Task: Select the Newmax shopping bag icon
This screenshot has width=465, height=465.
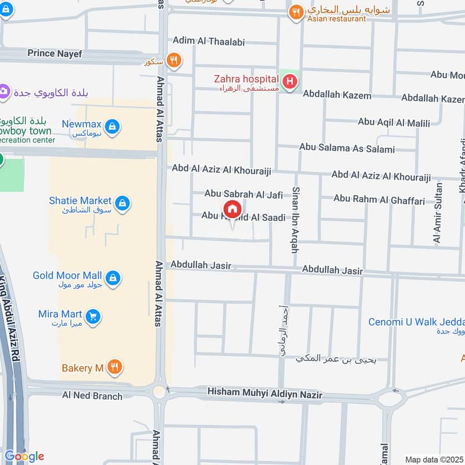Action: coord(113,126)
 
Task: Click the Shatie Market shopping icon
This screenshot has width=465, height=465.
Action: coord(122,203)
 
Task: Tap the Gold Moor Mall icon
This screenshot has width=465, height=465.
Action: coord(114,278)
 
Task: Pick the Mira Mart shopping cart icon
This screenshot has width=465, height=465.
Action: coord(92,317)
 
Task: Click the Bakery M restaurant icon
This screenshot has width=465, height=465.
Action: coord(115,367)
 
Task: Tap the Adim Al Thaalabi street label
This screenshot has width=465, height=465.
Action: coord(208,42)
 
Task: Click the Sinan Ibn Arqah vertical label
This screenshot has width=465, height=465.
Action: coord(295,220)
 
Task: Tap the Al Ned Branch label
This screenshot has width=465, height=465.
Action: coord(92,396)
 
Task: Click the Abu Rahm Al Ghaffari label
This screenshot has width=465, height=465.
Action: coord(379,200)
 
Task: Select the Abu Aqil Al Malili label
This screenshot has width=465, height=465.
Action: coord(394,123)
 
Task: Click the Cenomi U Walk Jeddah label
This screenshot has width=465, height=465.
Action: coord(416,323)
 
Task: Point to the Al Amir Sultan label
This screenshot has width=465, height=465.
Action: coord(438,213)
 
